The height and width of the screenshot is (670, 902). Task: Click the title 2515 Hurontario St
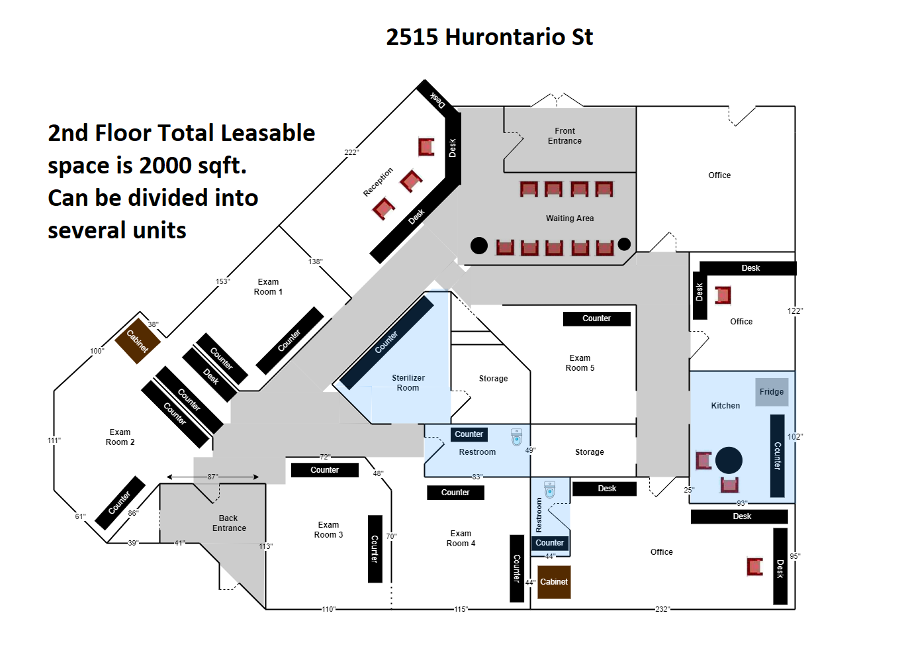(489, 37)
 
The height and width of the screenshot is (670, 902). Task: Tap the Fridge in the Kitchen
(772, 392)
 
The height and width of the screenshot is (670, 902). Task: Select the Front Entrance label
(564, 136)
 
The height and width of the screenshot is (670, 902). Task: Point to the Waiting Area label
(570, 218)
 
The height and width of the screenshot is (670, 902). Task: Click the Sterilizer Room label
(408, 383)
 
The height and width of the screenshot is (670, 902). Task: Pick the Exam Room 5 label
(580, 363)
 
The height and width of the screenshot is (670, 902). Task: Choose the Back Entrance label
(229, 523)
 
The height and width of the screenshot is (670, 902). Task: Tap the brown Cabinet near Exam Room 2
(138, 341)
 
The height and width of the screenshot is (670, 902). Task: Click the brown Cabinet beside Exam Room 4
(554, 582)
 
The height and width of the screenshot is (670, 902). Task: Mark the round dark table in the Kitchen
(729, 460)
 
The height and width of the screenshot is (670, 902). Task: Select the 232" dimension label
(662, 609)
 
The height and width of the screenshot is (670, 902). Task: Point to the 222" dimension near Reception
(351, 152)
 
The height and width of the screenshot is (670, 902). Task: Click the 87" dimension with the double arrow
(212, 477)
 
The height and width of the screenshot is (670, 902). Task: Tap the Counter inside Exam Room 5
(596, 318)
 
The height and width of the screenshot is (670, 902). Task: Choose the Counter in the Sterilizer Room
(386, 342)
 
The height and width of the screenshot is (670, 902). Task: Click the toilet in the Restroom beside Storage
(516, 437)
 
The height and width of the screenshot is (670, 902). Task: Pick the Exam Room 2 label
(120, 437)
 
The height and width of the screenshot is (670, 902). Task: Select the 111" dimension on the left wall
(54, 440)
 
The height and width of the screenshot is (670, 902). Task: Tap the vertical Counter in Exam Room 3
(375, 549)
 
